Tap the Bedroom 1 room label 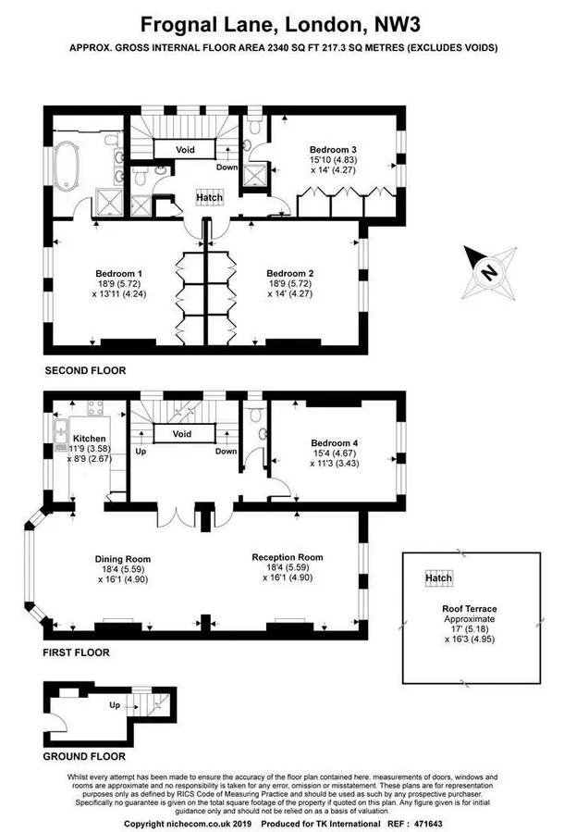(119, 273)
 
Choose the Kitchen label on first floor (91, 438)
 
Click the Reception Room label (288, 557)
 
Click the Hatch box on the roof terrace (438, 578)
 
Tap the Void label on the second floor (185, 148)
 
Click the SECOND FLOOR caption (85, 370)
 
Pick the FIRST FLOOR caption (78, 652)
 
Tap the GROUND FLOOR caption (84, 756)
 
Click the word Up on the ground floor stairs (115, 706)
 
